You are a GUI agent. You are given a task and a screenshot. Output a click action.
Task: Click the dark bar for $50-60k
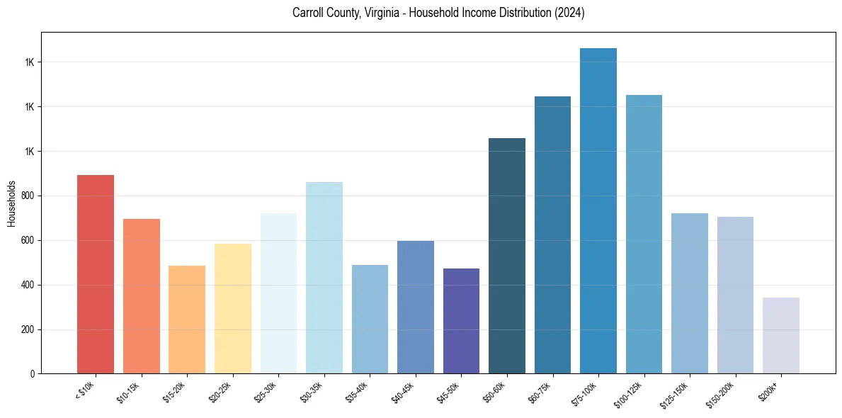tap(507, 256)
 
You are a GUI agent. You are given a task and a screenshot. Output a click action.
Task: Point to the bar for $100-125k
tap(644, 235)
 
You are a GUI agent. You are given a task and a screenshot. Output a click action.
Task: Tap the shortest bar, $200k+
tap(781, 336)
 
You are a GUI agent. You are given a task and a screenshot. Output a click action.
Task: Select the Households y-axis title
tap(12, 203)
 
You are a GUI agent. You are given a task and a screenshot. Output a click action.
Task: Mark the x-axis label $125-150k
tap(676, 393)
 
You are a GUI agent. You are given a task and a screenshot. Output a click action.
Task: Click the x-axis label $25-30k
tap(266, 392)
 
